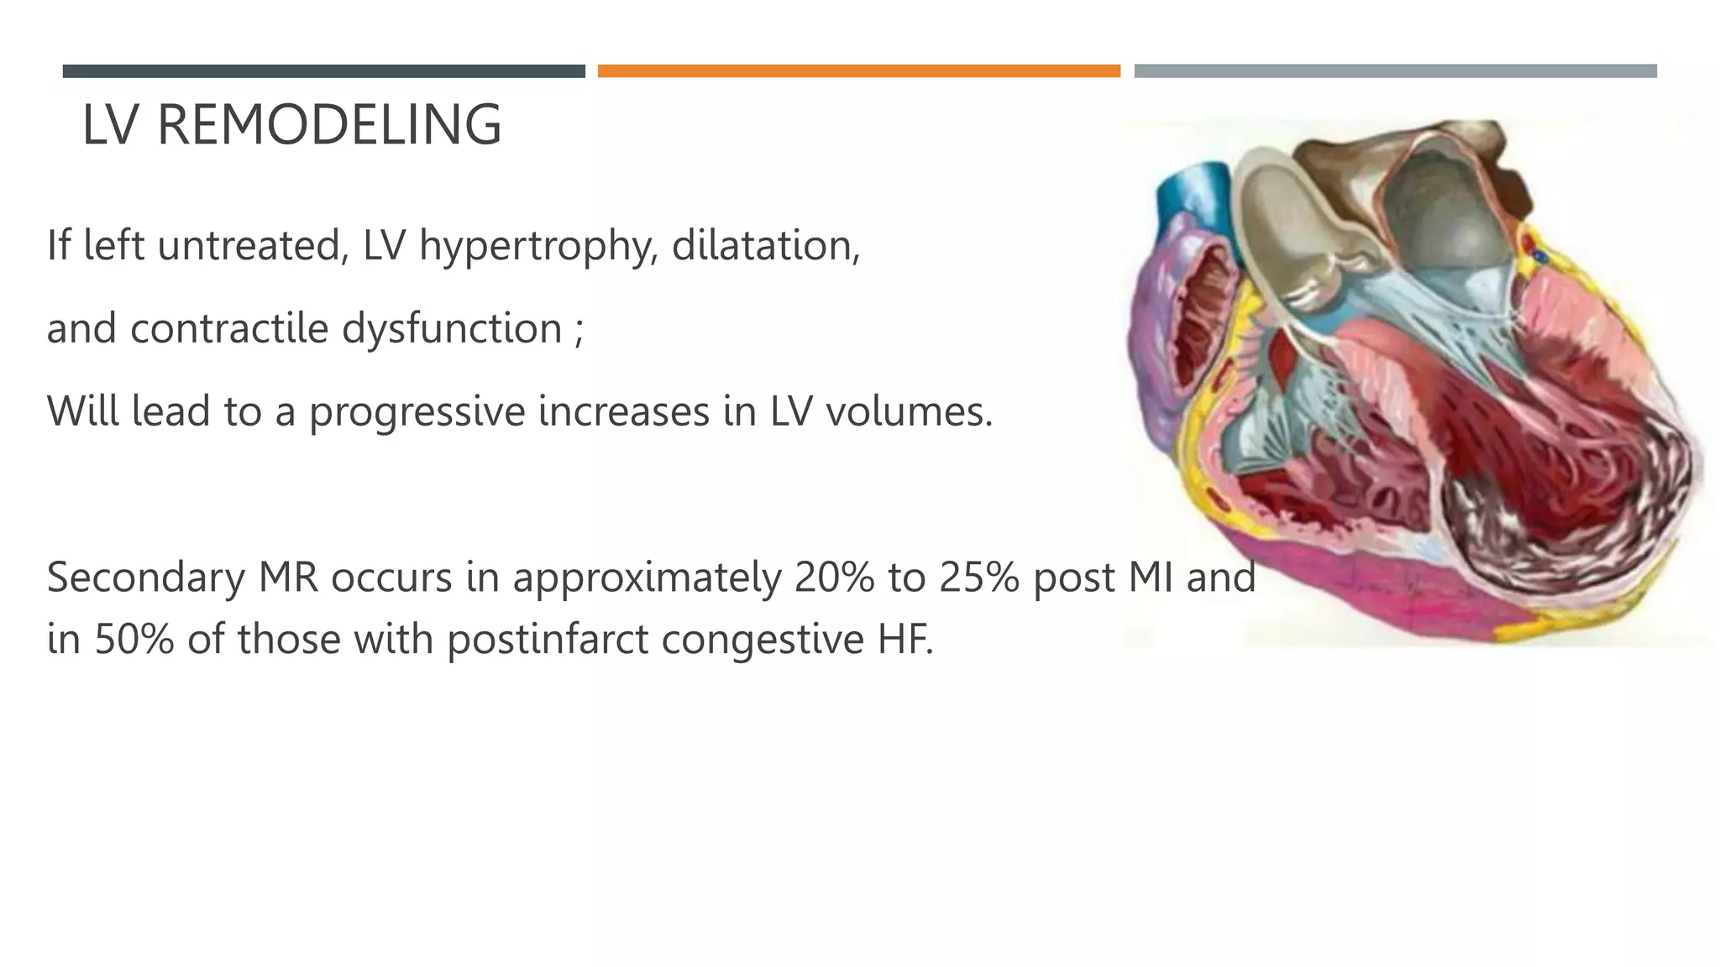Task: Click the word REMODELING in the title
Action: click(329, 125)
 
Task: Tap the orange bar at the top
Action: click(858, 71)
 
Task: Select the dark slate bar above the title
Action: click(323, 71)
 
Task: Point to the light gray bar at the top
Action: click(1395, 71)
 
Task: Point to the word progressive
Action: click(417, 412)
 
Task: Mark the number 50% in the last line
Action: click(134, 640)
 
